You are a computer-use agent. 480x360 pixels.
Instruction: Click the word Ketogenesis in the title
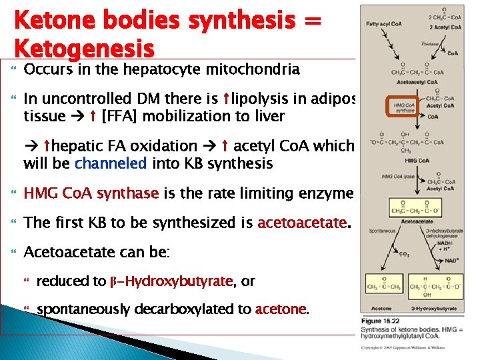84,47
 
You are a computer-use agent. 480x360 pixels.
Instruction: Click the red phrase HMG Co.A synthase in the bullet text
91,193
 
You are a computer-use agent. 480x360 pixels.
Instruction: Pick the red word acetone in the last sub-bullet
281,309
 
